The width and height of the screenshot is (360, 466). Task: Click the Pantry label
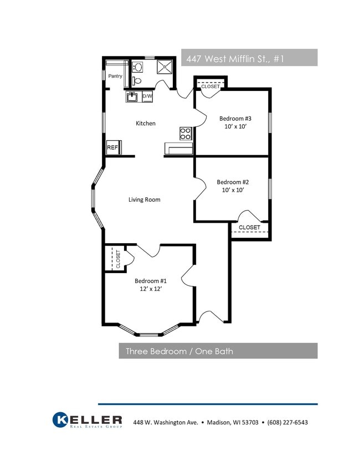115,76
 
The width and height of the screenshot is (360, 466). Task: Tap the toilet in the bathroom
137,80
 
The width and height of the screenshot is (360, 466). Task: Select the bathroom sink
137,67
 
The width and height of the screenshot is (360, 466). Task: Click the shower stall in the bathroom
164,67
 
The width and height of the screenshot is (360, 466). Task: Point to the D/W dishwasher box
147,96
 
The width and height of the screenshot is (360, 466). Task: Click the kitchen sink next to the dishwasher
132,96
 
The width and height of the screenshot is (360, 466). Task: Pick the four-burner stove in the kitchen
186,134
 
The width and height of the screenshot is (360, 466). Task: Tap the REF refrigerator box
113,147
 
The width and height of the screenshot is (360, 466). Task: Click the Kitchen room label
146,124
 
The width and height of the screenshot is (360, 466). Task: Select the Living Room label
145,199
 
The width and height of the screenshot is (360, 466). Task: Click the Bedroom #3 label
235,119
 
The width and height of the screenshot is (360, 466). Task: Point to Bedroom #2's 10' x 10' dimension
233,190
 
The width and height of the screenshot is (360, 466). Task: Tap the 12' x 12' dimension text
151,289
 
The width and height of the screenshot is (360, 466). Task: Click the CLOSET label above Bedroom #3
210,86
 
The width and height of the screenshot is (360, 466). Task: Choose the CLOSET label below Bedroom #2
249,227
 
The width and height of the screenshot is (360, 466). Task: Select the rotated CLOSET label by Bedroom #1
118,259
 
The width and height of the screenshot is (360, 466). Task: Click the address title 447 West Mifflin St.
235,59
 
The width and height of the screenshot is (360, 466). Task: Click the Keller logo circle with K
60,420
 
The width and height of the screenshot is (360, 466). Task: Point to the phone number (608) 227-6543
287,422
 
